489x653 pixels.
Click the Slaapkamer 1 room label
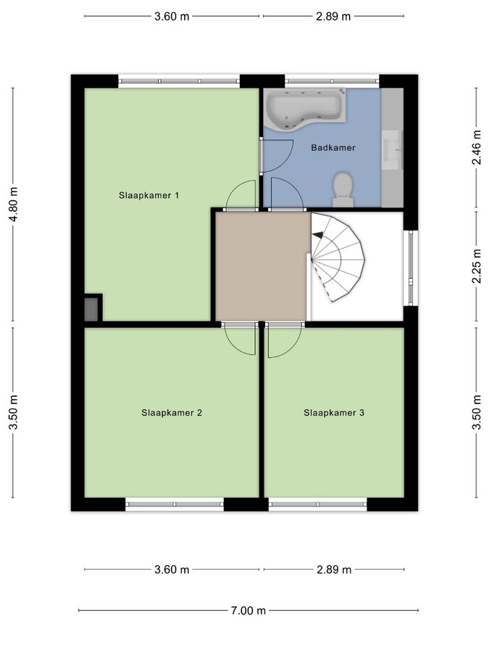(x=149, y=195)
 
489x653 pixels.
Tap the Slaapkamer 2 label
(x=172, y=413)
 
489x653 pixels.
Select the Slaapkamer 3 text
(x=334, y=413)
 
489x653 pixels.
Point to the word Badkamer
(x=333, y=147)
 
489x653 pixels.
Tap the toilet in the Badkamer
(x=343, y=189)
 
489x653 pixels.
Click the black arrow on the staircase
(x=318, y=235)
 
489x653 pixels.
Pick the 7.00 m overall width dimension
(x=248, y=610)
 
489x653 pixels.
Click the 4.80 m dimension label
(x=14, y=204)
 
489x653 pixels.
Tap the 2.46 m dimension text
(x=477, y=147)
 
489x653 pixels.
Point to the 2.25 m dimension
(x=477, y=266)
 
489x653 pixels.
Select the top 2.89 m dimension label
(x=333, y=16)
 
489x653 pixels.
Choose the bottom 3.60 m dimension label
(x=172, y=570)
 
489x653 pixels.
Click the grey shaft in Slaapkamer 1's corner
(x=91, y=309)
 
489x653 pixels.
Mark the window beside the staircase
(x=411, y=267)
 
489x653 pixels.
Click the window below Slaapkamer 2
(x=175, y=504)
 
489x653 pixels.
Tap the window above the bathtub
(x=332, y=81)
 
